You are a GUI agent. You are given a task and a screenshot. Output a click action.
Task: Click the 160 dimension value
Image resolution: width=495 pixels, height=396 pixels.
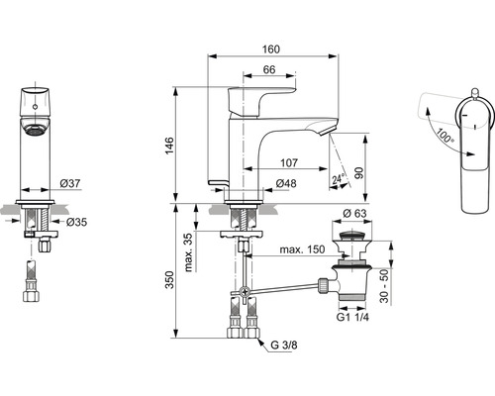pyautogui.click(x=271, y=49)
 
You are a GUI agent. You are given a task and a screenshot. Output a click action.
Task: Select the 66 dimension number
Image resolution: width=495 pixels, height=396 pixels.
pyautogui.click(x=269, y=69)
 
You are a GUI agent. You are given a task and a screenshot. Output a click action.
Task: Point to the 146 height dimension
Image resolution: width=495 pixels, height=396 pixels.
pyautogui.click(x=169, y=146)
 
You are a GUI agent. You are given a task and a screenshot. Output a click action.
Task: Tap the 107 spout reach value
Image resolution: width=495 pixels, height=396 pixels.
pyautogui.click(x=289, y=162)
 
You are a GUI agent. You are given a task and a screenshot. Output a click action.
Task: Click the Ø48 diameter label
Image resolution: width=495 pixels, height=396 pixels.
pyautogui.click(x=286, y=183)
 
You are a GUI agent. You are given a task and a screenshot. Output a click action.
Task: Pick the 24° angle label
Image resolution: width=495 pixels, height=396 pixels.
pyautogui.click(x=339, y=179)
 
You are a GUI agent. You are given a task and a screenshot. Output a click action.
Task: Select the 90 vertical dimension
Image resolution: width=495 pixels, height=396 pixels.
pyautogui.click(x=359, y=173)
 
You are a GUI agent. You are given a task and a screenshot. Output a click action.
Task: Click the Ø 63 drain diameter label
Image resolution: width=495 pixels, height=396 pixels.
pyautogui.click(x=354, y=214)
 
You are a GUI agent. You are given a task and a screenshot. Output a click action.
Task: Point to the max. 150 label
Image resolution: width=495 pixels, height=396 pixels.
pyautogui.click(x=302, y=249)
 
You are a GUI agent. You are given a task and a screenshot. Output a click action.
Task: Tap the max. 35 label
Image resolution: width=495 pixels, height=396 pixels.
pyautogui.click(x=188, y=252)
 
